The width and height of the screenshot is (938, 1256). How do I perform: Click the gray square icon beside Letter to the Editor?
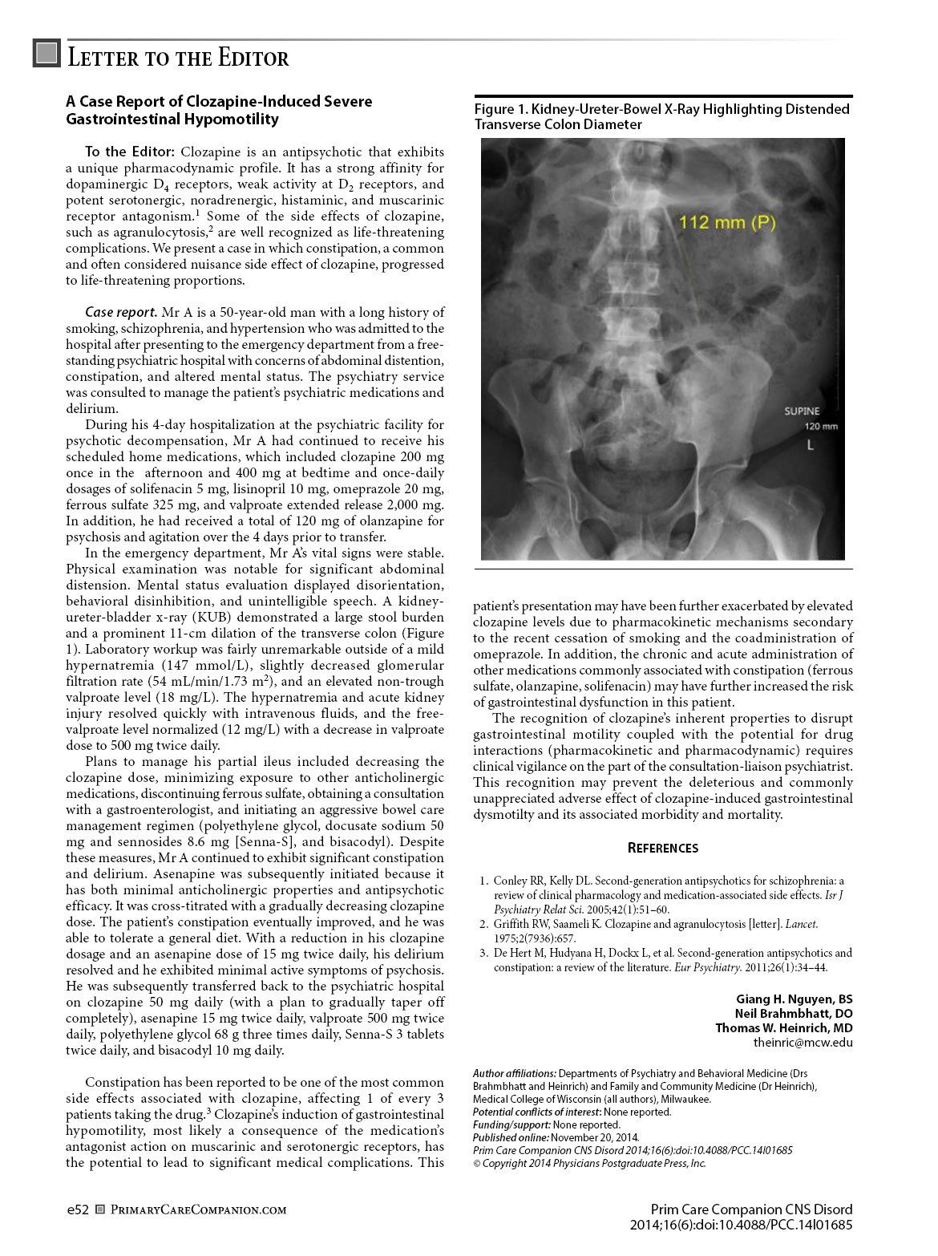coord(47,54)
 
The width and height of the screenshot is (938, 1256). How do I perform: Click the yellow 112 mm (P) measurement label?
coord(726,222)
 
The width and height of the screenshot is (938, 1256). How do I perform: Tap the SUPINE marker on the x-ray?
coord(802,411)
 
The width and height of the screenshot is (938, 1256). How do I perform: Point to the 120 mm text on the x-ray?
coord(821,427)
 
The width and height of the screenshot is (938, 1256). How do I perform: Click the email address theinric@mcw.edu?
coord(803,1043)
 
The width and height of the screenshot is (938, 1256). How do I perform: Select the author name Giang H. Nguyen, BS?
coord(794,999)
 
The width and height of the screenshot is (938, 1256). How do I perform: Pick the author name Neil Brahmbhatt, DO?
coord(793,1014)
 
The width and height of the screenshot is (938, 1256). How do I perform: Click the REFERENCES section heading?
coord(662,849)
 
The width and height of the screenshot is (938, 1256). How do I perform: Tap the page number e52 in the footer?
coord(77,1209)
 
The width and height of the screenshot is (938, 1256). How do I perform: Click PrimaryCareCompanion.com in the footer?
coord(198,1209)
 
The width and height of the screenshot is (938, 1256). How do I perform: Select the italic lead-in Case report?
coord(120,312)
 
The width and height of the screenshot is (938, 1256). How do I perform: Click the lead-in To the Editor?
coord(129,152)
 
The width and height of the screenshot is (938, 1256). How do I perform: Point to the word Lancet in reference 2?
coord(801,924)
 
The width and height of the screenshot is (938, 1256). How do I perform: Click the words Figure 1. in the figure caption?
coord(499,109)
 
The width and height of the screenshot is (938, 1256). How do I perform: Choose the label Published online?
coord(511,1137)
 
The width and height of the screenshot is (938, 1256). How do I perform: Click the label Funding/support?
coord(511,1124)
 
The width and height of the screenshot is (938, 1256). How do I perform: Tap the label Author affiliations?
coord(514,1073)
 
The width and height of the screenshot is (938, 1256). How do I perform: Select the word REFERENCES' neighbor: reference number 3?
coord(483,953)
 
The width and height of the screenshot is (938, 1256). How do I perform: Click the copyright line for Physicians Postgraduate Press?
coord(589,1163)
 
